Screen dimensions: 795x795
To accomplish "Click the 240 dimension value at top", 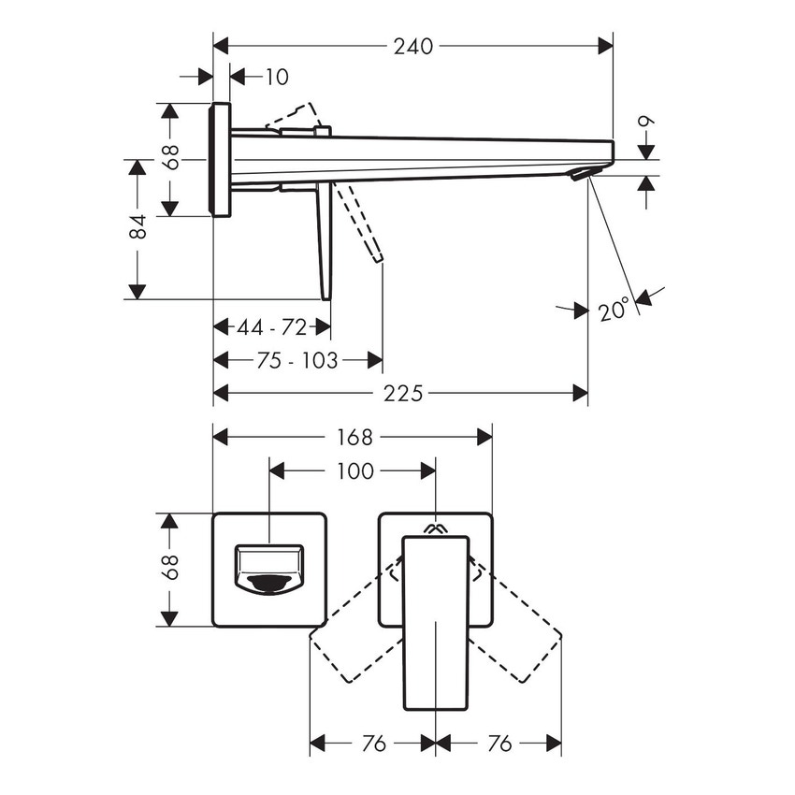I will click(413, 45).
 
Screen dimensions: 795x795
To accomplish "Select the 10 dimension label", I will click(277, 77).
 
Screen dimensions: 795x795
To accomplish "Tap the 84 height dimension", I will click(137, 227).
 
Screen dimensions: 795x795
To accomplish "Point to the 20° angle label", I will click(614, 309).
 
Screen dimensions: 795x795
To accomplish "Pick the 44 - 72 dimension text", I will click(271, 327).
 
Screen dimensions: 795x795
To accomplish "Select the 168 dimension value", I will click(354, 437).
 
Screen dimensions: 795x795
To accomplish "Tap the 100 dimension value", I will click(354, 471).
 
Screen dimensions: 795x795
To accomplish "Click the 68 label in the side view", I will click(170, 157).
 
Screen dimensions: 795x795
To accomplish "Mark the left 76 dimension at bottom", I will click(372, 744).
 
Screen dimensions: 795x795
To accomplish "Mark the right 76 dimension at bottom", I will click(499, 744).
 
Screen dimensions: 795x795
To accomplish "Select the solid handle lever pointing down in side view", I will click(325, 243).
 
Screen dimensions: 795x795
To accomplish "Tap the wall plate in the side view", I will click(221, 159).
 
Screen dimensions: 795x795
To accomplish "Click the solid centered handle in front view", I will click(435, 622).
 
